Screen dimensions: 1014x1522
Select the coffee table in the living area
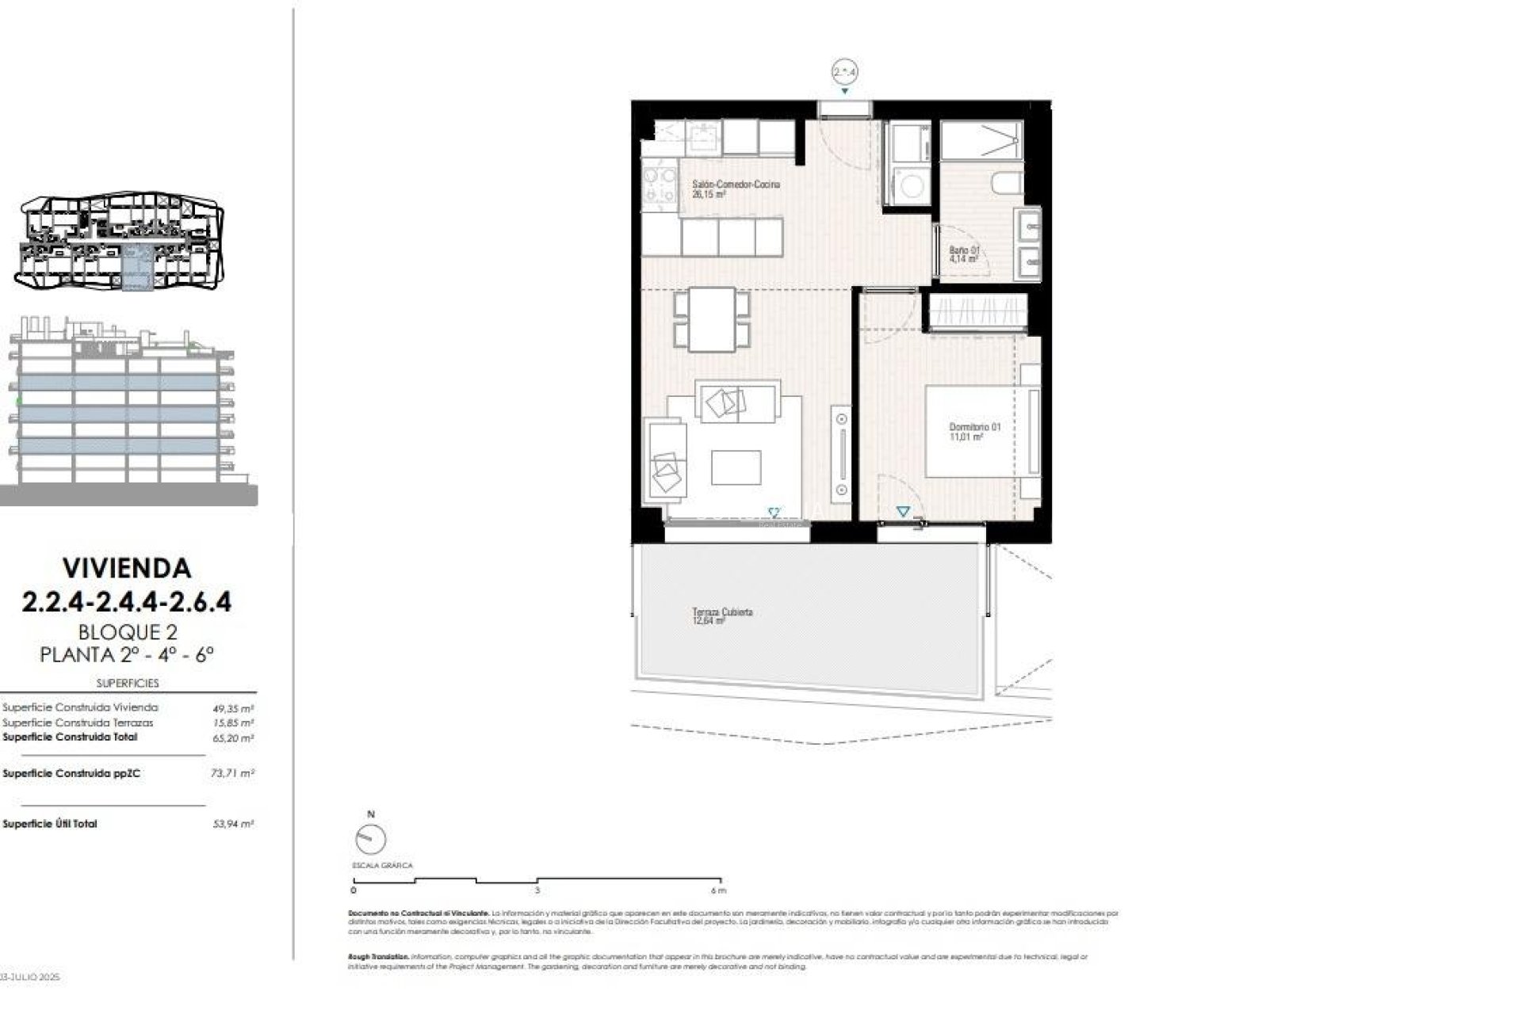coord(736,467)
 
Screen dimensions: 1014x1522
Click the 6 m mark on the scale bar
coord(721,881)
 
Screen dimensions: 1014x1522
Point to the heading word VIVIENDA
coord(127,568)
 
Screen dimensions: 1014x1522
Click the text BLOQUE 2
coord(127,632)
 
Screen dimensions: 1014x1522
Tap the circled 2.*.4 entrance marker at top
coord(845,72)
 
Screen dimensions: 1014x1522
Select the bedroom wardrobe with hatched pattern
coord(978,312)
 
